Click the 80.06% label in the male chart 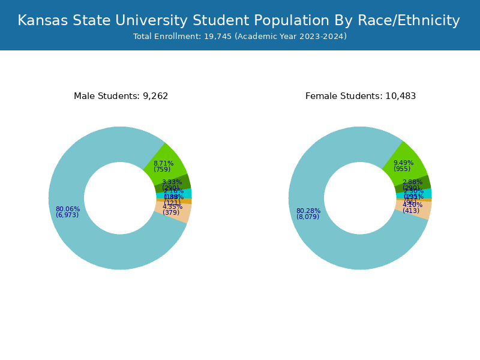(x=67, y=209)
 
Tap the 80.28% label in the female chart (x=308, y=211)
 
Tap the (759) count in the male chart (x=162, y=170)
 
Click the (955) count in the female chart (x=402, y=169)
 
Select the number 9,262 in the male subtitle (x=155, y=96)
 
